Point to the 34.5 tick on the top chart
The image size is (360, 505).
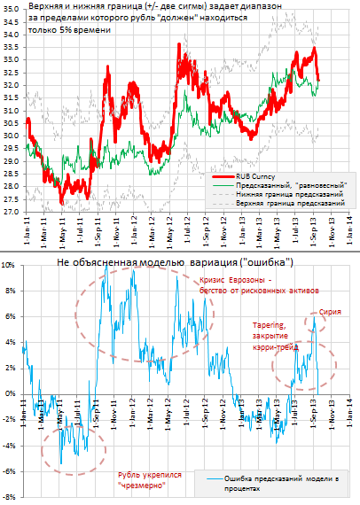point(13,21)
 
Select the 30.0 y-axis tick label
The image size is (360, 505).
point(13,136)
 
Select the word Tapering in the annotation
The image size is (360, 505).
point(270,324)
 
